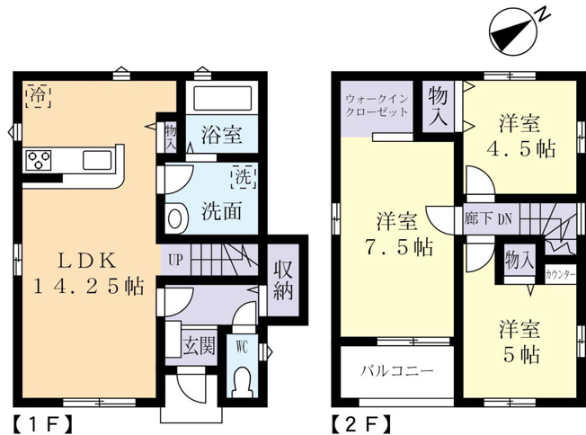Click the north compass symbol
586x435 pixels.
tap(513, 31)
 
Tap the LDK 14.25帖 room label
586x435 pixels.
tap(88, 273)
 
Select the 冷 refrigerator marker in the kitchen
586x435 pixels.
tap(39, 96)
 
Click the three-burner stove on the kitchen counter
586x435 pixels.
tap(38, 160)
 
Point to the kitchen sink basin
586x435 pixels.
tap(97, 160)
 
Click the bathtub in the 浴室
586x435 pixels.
tap(222, 98)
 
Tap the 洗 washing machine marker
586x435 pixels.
tap(244, 176)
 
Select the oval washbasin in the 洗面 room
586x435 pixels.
tap(175, 218)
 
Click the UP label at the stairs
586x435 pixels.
tap(175, 260)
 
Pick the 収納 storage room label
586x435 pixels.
tap(283, 280)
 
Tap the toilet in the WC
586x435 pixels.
tap(244, 382)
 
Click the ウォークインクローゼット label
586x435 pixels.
tap(377, 105)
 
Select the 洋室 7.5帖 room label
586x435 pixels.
tap(397, 234)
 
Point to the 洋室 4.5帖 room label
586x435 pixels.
tap(520, 136)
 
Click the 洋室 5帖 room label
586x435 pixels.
tap(520, 341)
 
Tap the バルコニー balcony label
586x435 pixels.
tap(397, 370)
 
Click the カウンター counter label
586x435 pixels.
tap(559, 275)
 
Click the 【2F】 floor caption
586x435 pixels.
tap(362, 424)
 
